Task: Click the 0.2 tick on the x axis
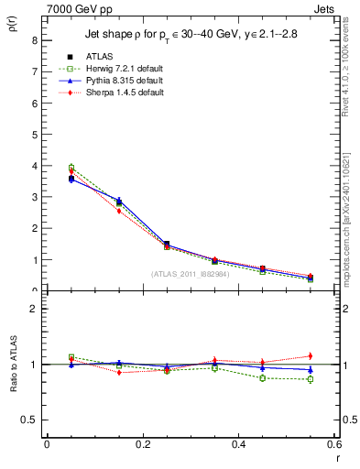(x=143, y=445)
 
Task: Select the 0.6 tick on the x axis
(x=334, y=445)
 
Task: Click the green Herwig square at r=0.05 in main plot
(x=71, y=168)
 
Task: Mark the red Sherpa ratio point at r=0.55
(x=311, y=355)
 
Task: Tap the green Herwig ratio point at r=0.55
(x=311, y=379)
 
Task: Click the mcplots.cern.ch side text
(x=349, y=229)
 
